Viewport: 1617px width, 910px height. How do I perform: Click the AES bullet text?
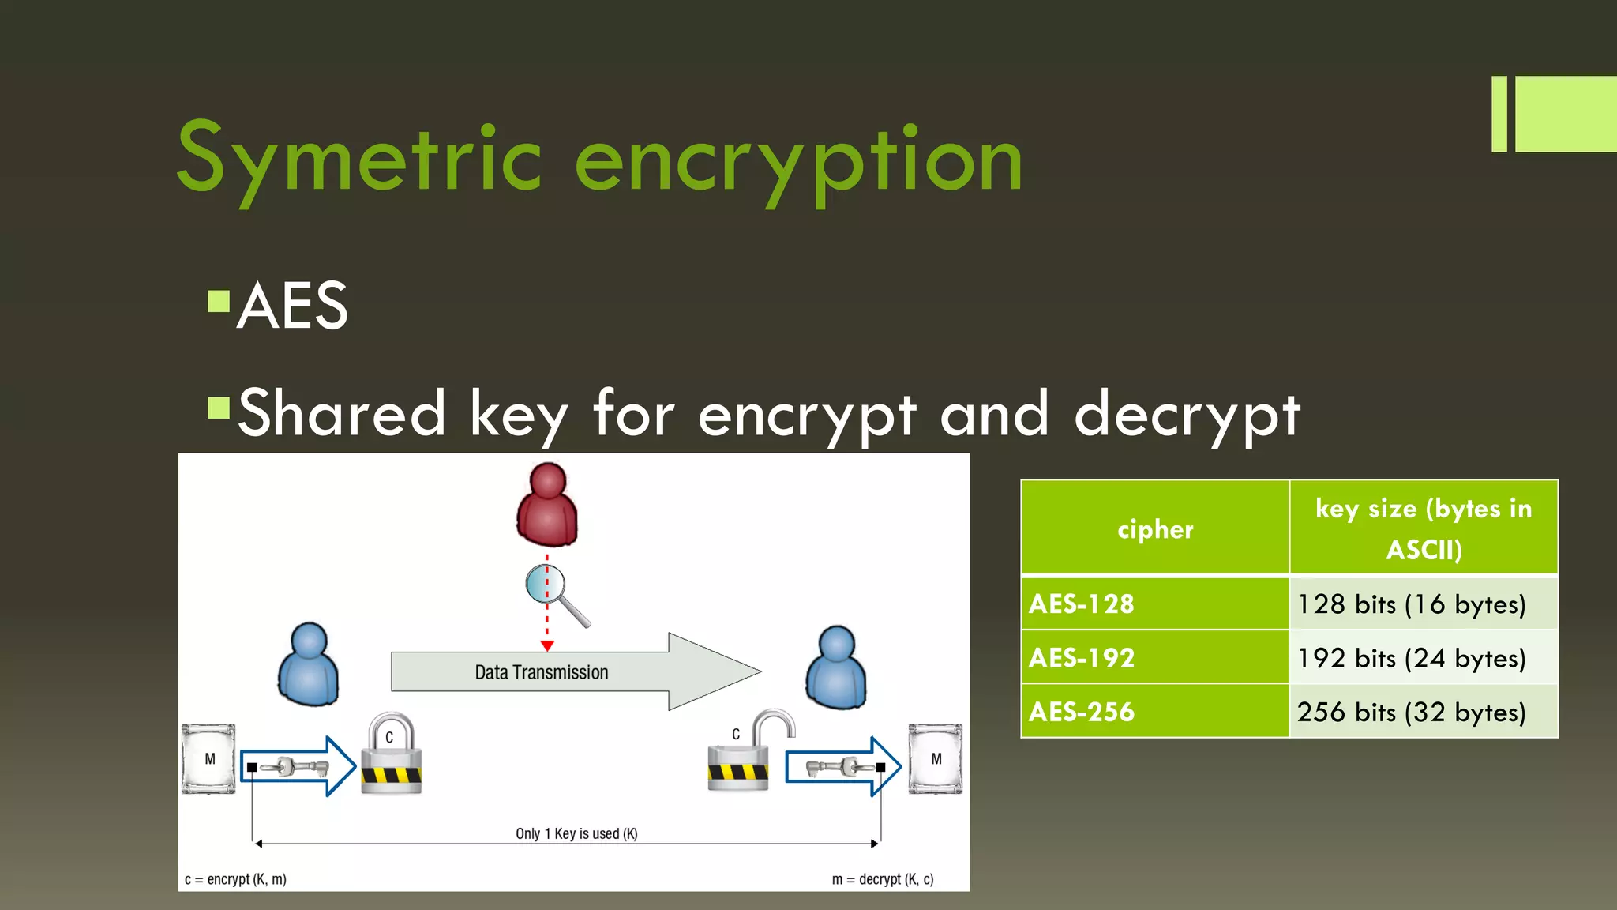(292, 306)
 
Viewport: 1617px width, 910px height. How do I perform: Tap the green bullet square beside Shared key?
(218, 408)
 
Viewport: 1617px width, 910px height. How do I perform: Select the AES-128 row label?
(1082, 604)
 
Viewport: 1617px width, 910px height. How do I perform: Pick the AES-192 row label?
(1082, 658)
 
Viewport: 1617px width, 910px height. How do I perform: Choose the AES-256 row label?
(1082, 712)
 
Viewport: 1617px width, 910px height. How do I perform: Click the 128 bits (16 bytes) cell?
(1412, 604)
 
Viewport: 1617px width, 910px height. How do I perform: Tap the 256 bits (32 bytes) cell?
(1412, 712)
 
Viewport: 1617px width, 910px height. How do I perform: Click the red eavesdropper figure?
(547, 505)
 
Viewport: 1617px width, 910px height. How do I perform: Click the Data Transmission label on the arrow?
(542, 672)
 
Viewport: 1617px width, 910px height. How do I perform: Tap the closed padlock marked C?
(391, 754)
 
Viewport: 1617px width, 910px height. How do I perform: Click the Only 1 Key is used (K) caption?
(576, 833)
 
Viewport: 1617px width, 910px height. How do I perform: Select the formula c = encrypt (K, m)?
(235, 879)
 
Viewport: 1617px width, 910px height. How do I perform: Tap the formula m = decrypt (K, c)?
(883, 879)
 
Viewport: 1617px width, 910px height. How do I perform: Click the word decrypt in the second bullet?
(1187, 414)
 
